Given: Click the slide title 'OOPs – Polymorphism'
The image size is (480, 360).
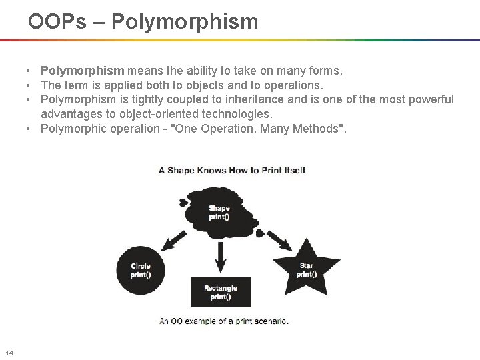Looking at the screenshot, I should coord(143,21).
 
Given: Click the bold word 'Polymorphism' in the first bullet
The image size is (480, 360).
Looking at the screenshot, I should coord(82,71).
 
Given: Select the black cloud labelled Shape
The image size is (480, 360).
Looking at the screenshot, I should coord(219,211).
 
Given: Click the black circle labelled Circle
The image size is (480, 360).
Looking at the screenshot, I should coord(141,269).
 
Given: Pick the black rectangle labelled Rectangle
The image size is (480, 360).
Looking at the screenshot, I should coord(220,292).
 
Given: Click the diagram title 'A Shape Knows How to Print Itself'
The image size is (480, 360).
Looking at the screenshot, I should coord(231,170).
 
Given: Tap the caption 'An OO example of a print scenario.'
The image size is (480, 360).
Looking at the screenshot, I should coord(224,321).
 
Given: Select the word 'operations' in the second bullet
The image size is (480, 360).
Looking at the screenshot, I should coord(295,85).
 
